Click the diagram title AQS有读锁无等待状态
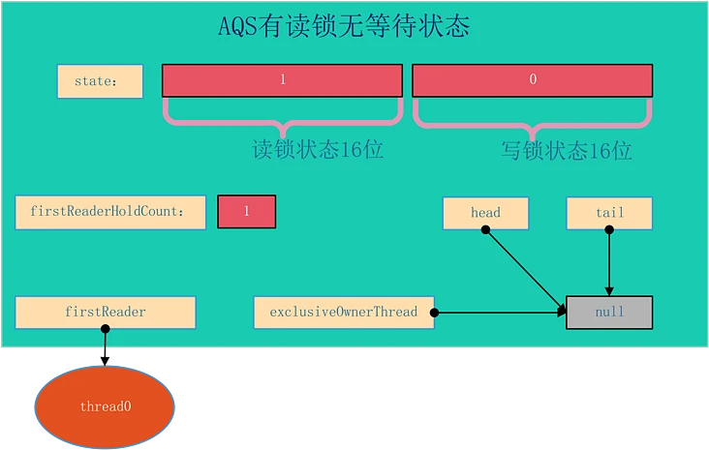pyautogui.click(x=344, y=26)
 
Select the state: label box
pyautogui.click(x=100, y=81)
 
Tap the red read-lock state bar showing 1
pyautogui.click(x=282, y=80)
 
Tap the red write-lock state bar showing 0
pyautogui.click(x=532, y=80)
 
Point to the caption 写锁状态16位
pyautogui.click(x=567, y=151)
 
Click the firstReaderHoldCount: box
pyautogui.click(x=110, y=212)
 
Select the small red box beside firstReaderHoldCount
pyautogui.click(x=246, y=212)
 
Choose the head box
pyautogui.click(x=485, y=213)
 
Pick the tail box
pyautogui.click(x=609, y=213)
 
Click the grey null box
pyautogui.click(x=609, y=313)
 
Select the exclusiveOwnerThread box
pyautogui.click(x=344, y=313)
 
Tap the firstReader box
pyautogui.click(x=106, y=313)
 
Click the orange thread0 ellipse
pyautogui.click(x=105, y=406)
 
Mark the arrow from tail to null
pyautogui.click(x=609, y=261)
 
